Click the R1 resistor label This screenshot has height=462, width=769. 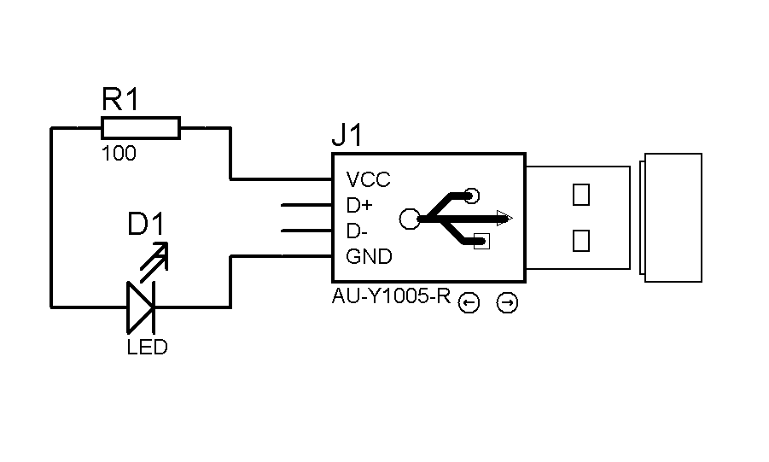click(119, 101)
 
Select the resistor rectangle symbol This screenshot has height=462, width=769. click(141, 128)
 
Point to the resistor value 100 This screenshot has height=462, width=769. click(119, 155)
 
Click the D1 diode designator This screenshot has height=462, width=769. click(146, 225)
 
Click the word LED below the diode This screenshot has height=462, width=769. click(147, 348)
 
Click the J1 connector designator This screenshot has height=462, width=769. click(347, 136)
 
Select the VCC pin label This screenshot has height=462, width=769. click(368, 180)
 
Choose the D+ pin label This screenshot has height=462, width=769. click(359, 206)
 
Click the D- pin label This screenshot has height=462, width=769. click(358, 231)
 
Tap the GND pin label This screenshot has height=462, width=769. click(369, 256)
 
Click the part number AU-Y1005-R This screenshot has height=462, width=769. click(390, 298)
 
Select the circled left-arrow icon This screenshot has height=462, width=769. click(468, 303)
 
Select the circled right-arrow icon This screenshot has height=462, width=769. click(507, 303)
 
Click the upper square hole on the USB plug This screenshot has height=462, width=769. click(581, 195)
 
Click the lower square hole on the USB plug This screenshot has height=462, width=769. click(581, 240)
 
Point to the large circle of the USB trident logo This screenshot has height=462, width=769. click(410, 219)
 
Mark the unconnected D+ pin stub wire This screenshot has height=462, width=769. click(306, 206)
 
